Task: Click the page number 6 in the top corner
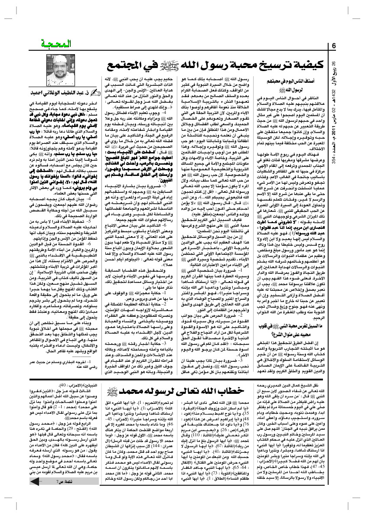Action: pos(334,45)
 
